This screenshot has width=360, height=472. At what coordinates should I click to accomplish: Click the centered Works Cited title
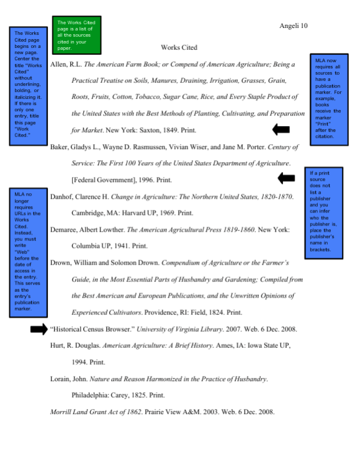coord(179,47)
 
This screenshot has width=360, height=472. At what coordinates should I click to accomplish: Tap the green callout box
coord(77,35)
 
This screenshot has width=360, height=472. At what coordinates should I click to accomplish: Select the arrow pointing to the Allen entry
coord(281,129)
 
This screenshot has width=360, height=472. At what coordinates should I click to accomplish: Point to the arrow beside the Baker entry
coord(286,178)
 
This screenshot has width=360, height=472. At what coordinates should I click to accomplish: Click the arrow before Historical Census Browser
coord(38,329)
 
